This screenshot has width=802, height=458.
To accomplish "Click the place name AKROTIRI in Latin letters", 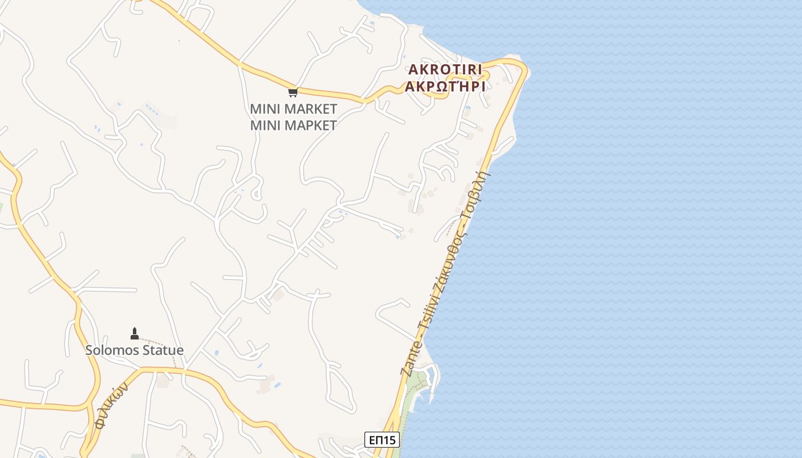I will (x=445, y=70).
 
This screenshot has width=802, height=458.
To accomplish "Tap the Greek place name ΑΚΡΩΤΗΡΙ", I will (x=445, y=87).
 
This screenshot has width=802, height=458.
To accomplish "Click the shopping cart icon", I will (x=293, y=92).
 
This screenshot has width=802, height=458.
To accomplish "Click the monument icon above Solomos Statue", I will (x=135, y=333).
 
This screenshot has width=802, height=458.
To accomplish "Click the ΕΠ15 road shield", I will (x=382, y=440).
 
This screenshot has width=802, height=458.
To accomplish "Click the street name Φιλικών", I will (x=111, y=405).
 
